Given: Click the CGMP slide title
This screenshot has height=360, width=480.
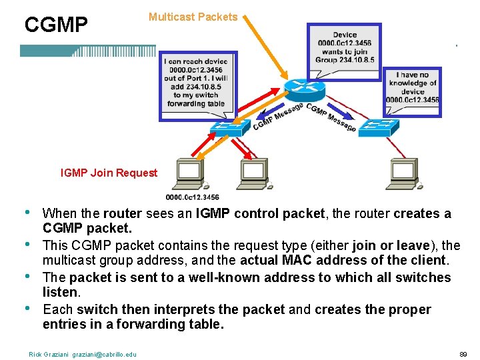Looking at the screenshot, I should coord(56,25).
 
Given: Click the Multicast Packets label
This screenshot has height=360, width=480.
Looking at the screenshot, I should coord(193,17).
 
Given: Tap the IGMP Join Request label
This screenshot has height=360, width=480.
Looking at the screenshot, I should coord(109,173).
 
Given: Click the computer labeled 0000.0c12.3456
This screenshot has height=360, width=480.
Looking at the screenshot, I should coord(190,175).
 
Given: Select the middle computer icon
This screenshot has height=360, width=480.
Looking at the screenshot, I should coord(254,175).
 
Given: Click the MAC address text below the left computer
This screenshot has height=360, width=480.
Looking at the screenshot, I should coord(192,197).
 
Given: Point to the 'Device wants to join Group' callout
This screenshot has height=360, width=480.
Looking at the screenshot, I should coord(344,47).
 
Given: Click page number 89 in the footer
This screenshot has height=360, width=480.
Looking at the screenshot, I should coord(464,354).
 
